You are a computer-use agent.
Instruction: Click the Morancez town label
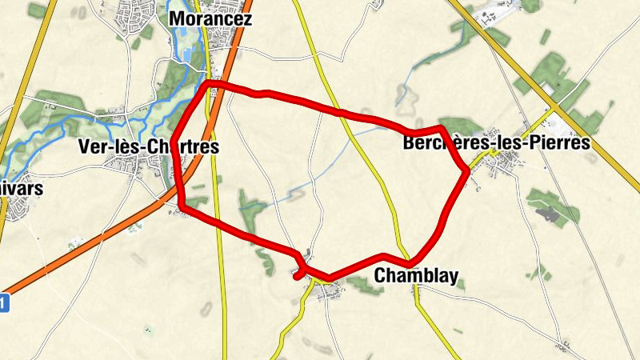click(211, 18)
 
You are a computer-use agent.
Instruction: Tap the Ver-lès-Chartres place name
click(150, 146)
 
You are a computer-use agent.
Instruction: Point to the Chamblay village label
click(416, 277)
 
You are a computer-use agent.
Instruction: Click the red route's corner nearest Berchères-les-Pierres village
click(466, 170)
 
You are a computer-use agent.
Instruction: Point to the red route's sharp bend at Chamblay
click(410, 264)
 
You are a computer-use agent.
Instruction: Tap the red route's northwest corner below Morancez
click(208, 83)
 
